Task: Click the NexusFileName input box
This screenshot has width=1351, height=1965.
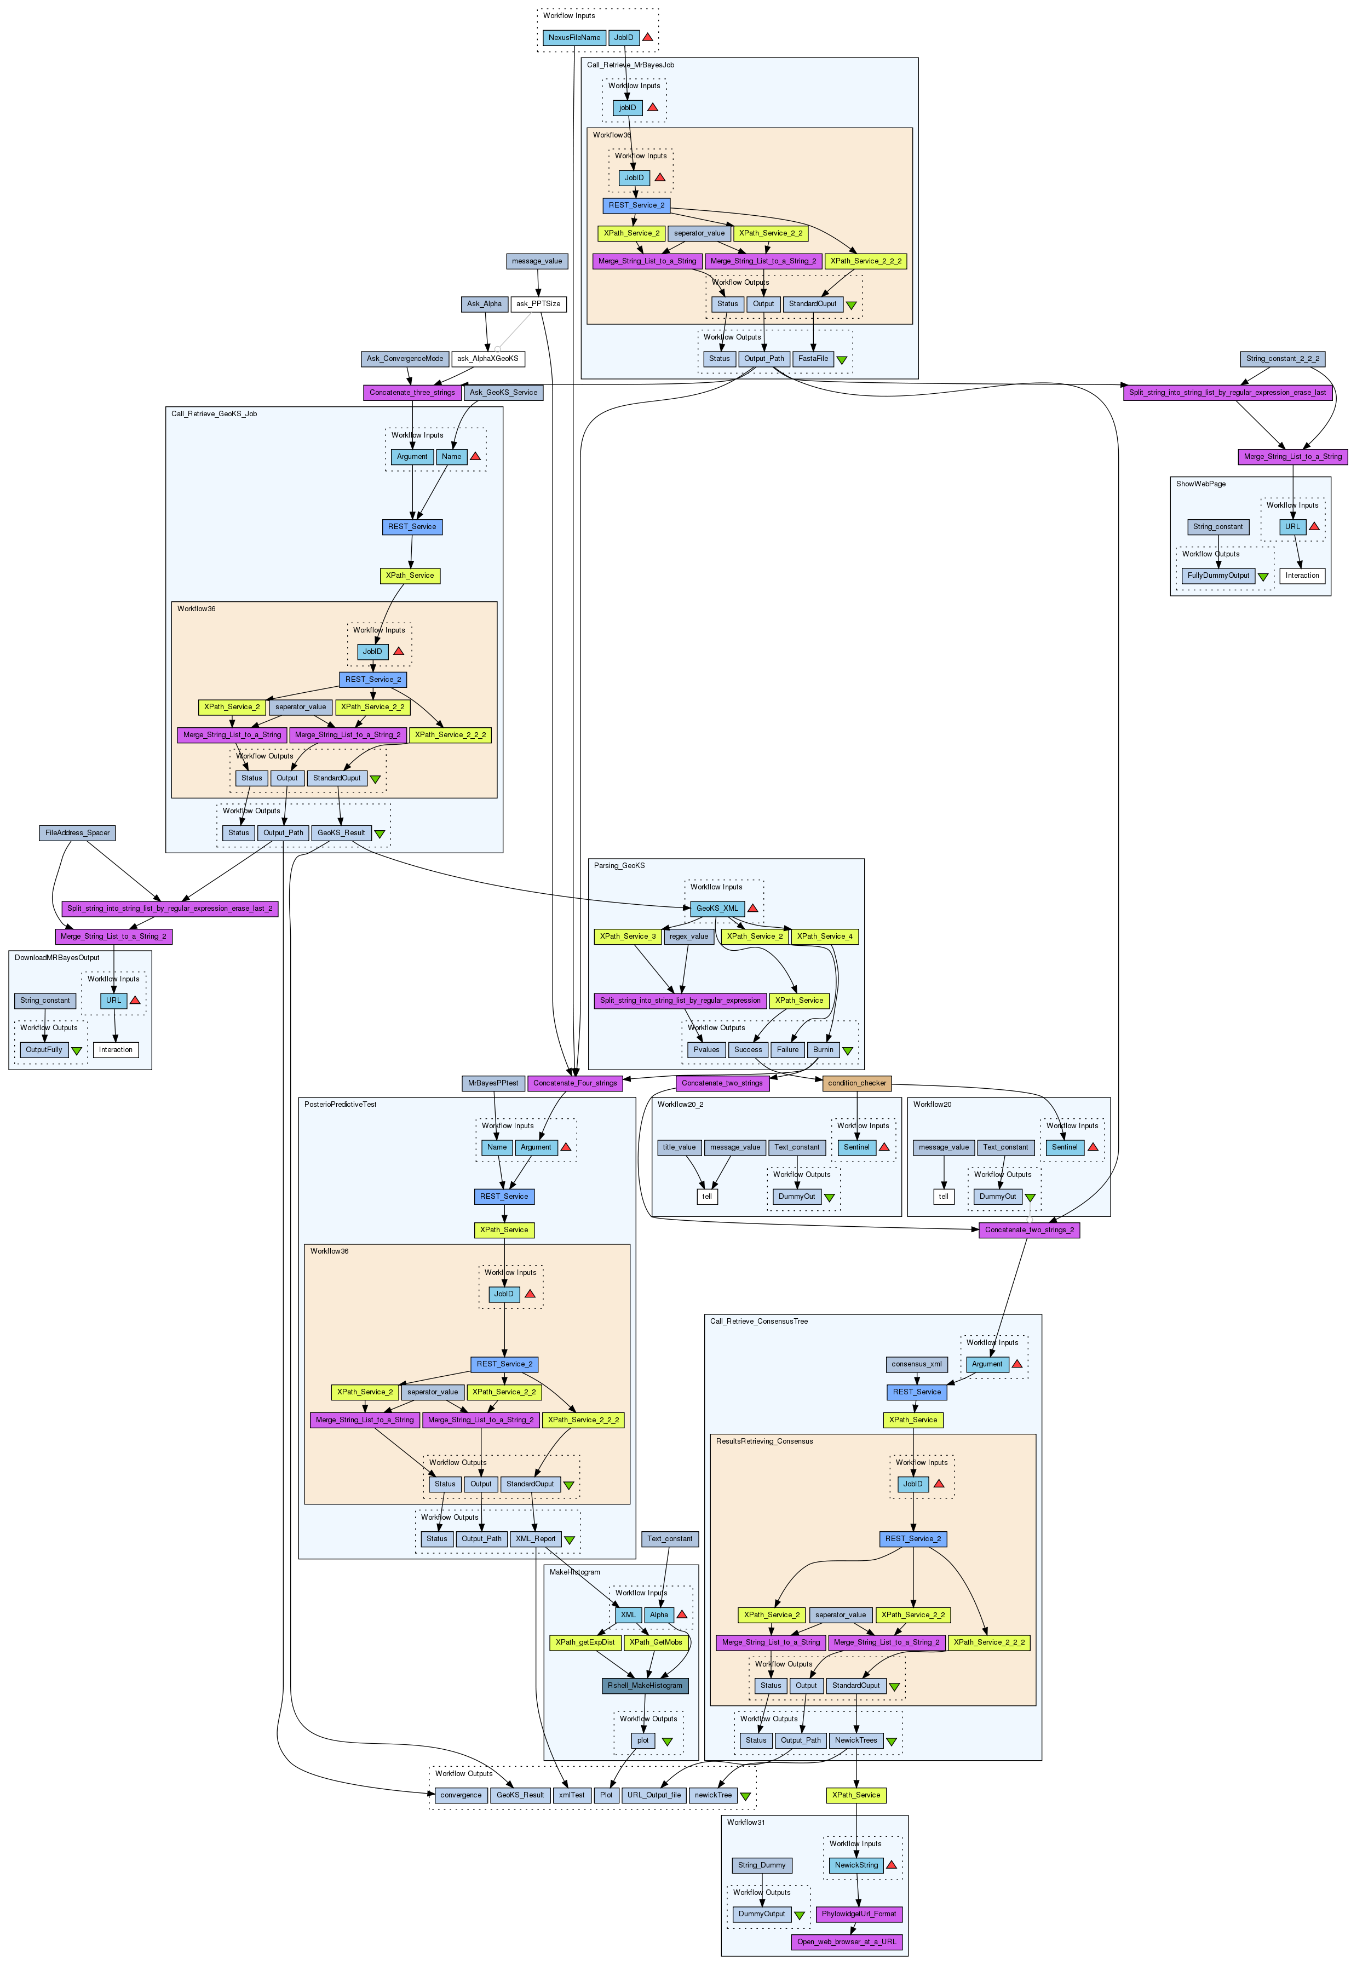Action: click(574, 37)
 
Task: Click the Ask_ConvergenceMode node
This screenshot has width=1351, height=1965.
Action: click(405, 359)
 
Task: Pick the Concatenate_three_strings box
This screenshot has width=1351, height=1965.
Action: click(412, 393)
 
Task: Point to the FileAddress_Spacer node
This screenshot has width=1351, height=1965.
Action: click(77, 833)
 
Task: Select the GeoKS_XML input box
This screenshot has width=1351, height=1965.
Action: click(717, 909)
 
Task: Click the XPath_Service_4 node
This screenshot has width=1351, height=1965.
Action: click(825, 936)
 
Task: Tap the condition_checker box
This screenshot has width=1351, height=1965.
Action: click(856, 1083)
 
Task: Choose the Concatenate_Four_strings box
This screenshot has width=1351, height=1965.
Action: click(575, 1083)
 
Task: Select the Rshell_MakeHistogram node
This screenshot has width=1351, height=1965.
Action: click(645, 1686)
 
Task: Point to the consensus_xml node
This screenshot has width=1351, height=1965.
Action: click(917, 1364)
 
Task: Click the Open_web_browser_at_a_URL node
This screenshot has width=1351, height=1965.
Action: click(847, 1942)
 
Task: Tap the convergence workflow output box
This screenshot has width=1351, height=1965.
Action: click(461, 1795)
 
